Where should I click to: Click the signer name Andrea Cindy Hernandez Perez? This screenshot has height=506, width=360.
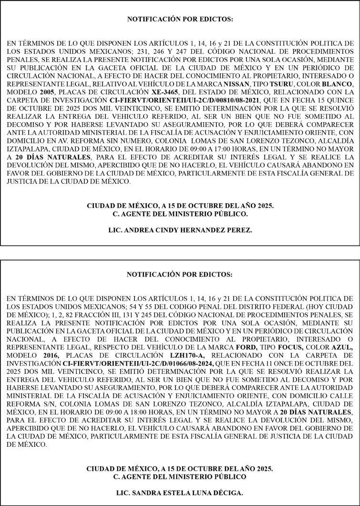180,230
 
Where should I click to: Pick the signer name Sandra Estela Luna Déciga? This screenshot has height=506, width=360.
180,493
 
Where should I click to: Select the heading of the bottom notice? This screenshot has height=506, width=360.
180,275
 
